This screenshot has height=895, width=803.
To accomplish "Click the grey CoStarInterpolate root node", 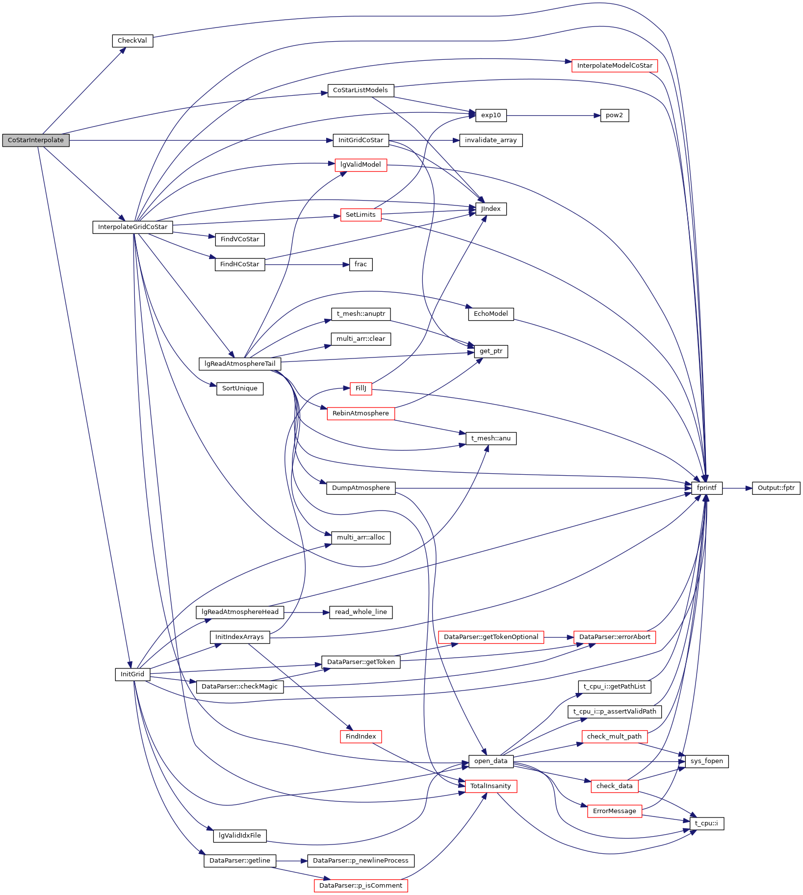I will (36, 140).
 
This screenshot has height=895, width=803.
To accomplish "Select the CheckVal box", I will (132, 41).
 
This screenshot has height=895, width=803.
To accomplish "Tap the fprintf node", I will (707, 488).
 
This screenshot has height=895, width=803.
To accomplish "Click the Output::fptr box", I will (776, 488).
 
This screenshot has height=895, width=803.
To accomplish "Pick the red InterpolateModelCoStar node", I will (615, 66).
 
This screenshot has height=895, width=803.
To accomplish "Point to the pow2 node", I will (614, 115).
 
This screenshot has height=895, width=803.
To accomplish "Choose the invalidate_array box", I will (491, 140).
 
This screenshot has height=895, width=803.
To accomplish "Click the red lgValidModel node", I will (361, 165).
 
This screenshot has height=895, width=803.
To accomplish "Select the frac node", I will (361, 264).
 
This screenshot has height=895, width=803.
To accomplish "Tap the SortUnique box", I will (240, 388).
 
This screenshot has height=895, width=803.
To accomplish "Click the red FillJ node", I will (361, 388).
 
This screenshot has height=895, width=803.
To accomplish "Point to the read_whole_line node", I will (361, 612).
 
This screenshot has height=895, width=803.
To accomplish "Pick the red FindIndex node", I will (361, 737).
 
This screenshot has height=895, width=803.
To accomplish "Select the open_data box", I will (491, 761).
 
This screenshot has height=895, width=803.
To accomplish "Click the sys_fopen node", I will (706, 761).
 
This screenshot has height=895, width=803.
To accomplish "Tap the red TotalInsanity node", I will (491, 786).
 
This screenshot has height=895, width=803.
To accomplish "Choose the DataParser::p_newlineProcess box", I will (361, 861).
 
